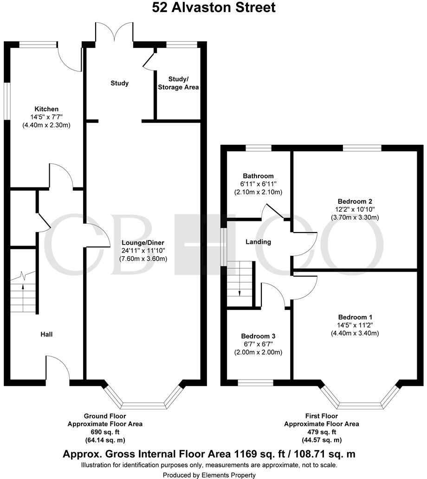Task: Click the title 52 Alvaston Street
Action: point(213,7)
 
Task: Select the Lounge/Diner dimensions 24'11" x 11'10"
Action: point(143,251)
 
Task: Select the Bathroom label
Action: point(258,176)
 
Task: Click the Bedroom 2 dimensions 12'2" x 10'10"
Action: point(355,209)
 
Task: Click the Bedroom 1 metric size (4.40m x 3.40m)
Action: point(355,333)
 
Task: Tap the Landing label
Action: point(259,242)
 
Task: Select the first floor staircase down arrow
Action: point(239,292)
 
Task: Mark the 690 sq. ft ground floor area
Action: point(105,432)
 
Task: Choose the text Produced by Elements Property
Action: point(209,475)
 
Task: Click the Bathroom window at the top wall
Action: point(259,148)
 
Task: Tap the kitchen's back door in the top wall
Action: point(70,58)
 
